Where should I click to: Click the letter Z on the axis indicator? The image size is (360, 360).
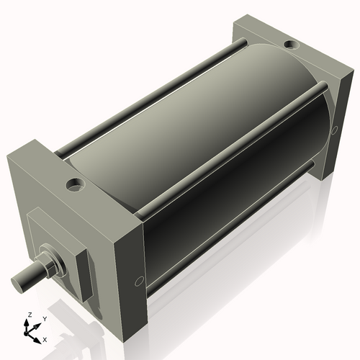(29, 315)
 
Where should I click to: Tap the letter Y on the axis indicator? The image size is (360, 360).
(44, 318)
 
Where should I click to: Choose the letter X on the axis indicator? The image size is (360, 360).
(45, 338)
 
